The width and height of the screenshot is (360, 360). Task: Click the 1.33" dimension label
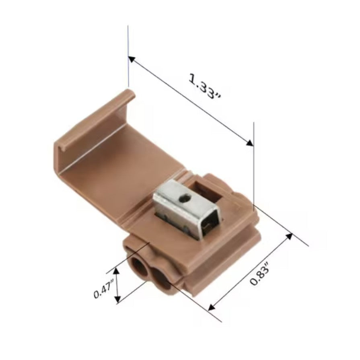205,86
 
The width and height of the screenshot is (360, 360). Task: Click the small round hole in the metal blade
185,197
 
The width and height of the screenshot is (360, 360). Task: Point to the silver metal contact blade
187,209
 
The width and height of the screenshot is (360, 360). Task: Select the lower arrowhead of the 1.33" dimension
250,143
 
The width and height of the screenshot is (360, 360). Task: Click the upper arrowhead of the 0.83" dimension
289,236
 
